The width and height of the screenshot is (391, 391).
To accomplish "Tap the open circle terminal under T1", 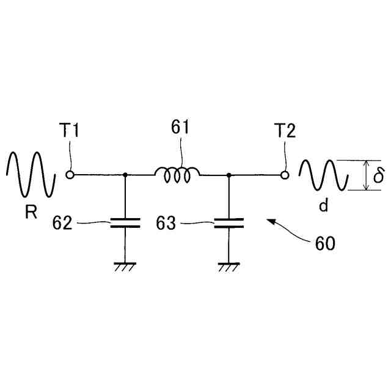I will (70, 175).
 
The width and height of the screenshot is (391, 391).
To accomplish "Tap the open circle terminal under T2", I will (285, 175).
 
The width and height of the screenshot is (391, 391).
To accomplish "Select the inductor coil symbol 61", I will (177, 175).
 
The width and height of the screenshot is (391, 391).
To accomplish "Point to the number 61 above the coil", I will (180, 128).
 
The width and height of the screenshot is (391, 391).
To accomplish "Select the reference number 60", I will (324, 243).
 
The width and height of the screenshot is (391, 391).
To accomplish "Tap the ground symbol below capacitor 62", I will (125, 266).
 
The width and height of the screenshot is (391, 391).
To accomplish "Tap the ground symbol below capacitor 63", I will (228, 266).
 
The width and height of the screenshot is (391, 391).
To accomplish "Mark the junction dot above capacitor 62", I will (125, 175).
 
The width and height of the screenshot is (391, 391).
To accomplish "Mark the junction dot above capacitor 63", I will (228, 175).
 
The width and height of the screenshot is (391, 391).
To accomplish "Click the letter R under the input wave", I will (30, 213).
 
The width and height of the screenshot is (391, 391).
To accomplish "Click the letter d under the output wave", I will (323, 205).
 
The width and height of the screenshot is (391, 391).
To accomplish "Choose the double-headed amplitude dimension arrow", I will (366, 175).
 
